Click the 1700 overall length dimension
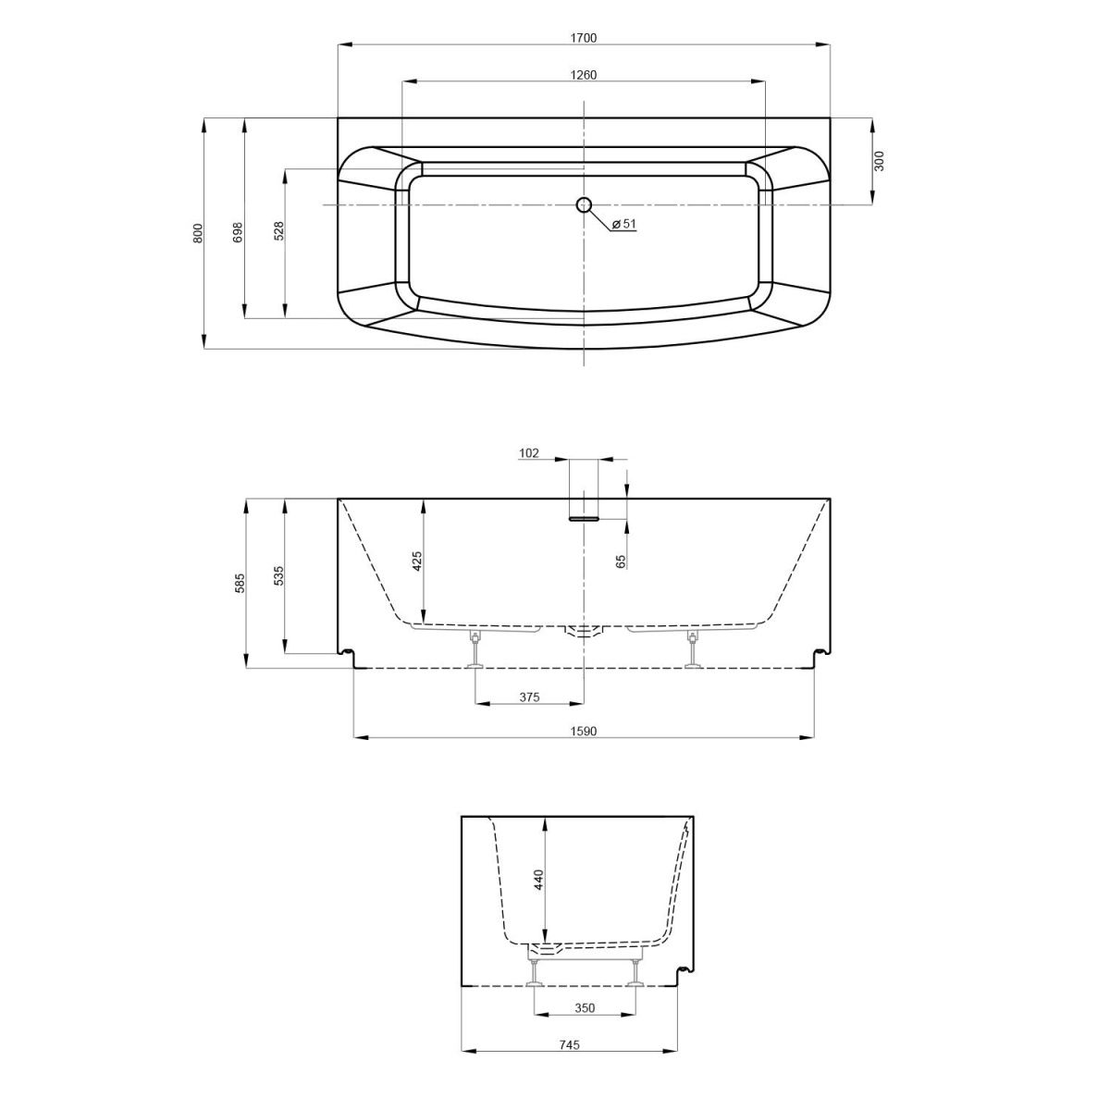pyautogui.click(x=584, y=38)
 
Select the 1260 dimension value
pyautogui.click(x=584, y=75)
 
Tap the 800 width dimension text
pyautogui.click(x=198, y=233)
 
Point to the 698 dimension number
pyautogui.click(x=239, y=233)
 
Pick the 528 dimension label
pyautogui.click(x=278, y=230)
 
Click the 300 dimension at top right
pyautogui.click(x=879, y=161)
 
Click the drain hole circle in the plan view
pyautogui.click(x=584, y=203)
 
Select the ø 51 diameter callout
pyautogui.click(x=623, y=224)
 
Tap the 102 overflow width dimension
pyautogui.click(x=529, y=453)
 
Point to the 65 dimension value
pyautogui.click(x=621, y=561)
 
